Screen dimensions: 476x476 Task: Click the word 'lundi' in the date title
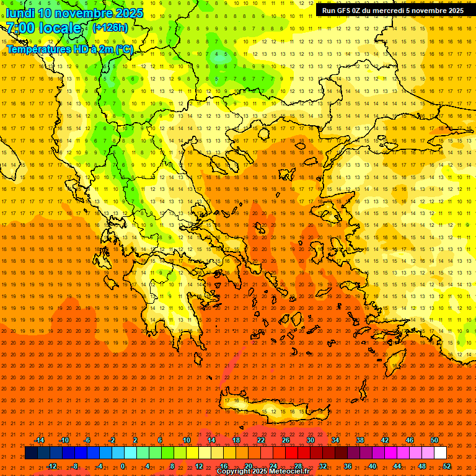click(20, 13)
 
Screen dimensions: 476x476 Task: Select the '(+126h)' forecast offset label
click(110, 28)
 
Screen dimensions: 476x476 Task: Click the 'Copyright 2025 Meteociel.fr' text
click(263, 472)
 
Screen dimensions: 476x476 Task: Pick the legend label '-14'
click(39, 440)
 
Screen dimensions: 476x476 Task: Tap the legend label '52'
click(447, 466)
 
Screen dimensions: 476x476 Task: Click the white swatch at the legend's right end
click(441, 453)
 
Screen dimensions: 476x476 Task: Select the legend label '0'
click(123, 466)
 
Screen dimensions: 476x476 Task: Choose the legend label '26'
click(286, 440)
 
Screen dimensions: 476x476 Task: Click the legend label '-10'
click(63, 440)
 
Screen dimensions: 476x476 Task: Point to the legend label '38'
click(360, 440)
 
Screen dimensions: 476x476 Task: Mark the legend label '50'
click(434, 440)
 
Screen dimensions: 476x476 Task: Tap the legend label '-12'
click(51, 466)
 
